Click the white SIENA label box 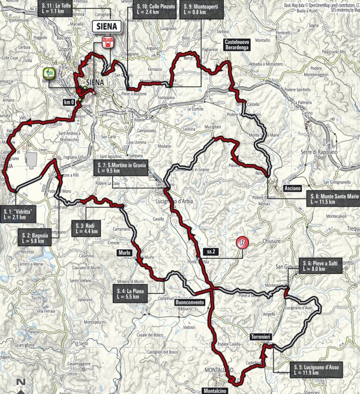tap(107, 26)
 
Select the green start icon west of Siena tap(48, 74)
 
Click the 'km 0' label tap(70, 103)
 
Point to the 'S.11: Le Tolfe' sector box tap(56, 8)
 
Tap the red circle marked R tap(242, 243)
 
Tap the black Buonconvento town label tap(191, 302)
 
